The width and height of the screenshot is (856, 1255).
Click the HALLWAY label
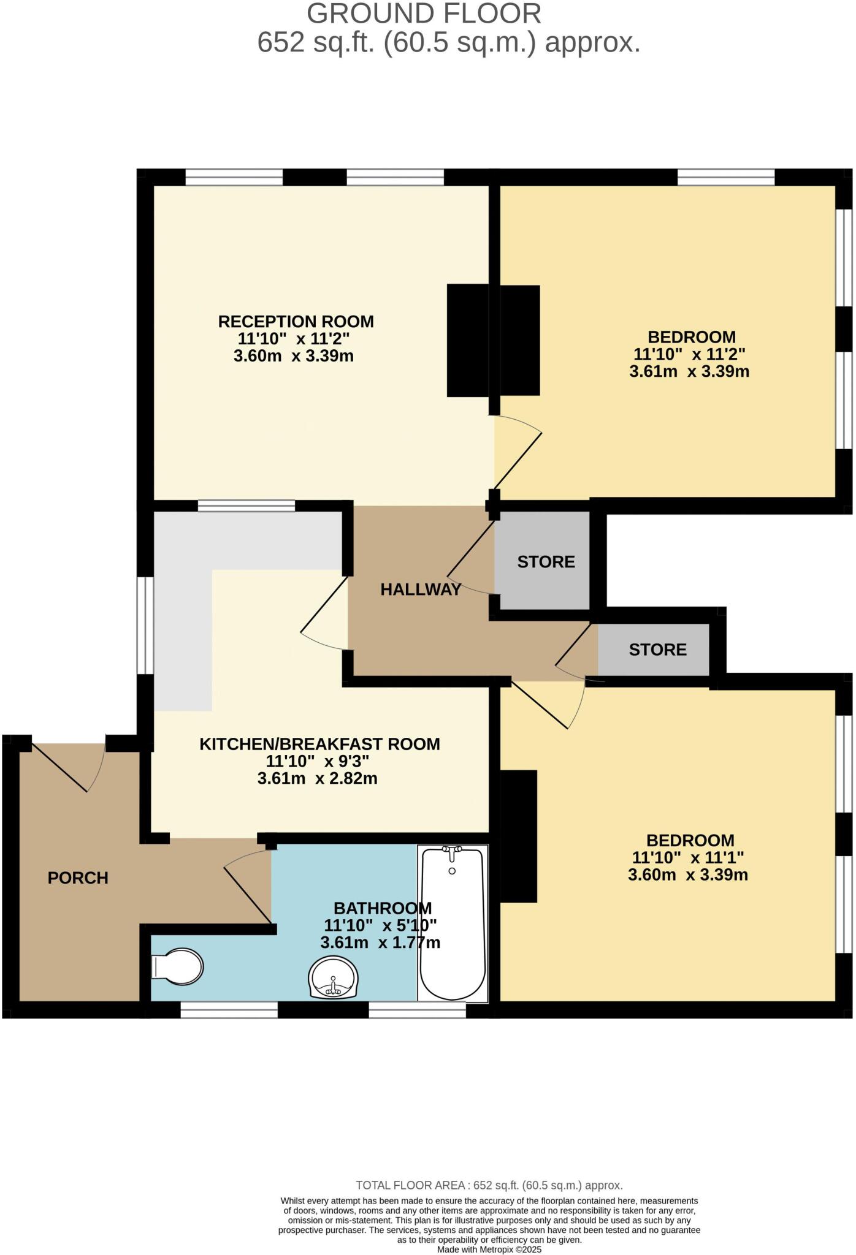(421, 590)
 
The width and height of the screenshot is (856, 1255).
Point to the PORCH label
(78, 878)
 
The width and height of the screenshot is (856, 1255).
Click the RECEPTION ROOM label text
(296, 321)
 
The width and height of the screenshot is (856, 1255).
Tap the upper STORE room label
(546, 562)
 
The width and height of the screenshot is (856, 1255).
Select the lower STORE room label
(657, 650)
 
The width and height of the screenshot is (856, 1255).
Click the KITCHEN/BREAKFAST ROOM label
(319, 744)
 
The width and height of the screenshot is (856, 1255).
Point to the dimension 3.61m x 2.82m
(317, 779)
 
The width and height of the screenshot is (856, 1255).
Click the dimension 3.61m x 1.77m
(380, 942)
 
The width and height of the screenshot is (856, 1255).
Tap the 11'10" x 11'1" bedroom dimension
(687, 857)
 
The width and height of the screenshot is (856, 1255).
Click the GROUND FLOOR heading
(424, 13)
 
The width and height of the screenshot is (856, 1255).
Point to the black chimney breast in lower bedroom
(519, 836)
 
